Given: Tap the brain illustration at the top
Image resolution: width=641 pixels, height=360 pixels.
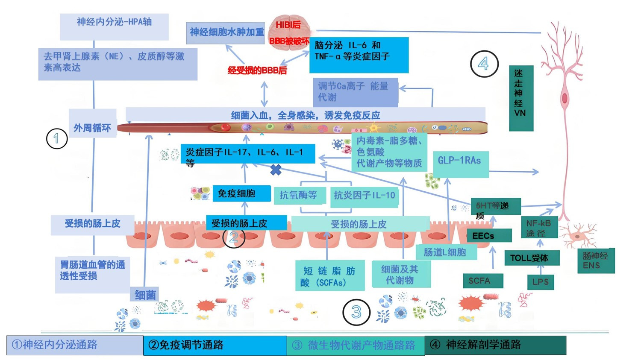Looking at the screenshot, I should [x=289, y=32].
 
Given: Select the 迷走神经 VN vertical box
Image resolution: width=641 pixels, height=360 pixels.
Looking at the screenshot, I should [x=521, y=98].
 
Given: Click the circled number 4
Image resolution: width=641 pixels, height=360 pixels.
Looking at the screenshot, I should [x=484, y=64].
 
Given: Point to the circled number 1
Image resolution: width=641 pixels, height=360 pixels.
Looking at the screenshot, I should [x=57, y=138].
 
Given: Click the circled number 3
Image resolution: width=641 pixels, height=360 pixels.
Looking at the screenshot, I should [x=356, y=312].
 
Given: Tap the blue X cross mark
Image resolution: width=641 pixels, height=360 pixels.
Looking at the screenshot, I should [x=276, y=170].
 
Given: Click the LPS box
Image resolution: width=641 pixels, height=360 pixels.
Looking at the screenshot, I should [x=541, y=282].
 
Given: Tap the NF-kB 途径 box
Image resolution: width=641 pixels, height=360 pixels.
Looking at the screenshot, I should [x=539, y=228].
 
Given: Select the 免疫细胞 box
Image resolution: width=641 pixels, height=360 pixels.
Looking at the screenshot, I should [x=241, y=193].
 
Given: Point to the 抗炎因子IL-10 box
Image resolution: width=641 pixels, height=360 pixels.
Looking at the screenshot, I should [x=365, y=196].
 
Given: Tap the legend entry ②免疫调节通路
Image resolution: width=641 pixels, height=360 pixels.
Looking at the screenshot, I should [x=215, y=345].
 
